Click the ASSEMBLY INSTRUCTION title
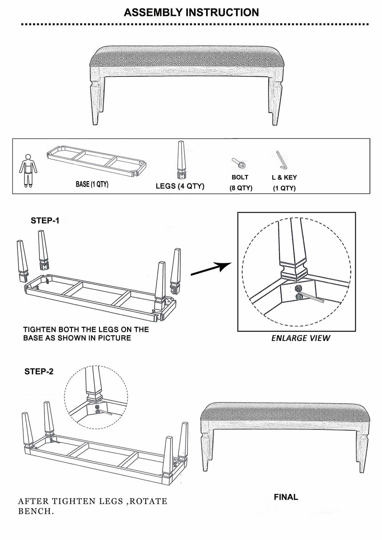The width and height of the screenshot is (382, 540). pos(191,12)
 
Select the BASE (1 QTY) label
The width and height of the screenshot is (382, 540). pos(92,185)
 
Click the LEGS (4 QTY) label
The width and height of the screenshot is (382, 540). pos(180,186)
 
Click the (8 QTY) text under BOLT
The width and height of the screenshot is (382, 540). pos(241,188)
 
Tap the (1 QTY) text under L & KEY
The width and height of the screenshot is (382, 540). pos(284,188)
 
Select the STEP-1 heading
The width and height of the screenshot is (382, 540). pos(45,221)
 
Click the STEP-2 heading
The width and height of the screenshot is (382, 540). pos(39,372)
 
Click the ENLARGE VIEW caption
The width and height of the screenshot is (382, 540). pos(301,338)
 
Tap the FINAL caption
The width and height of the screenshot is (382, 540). pos(286,497)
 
